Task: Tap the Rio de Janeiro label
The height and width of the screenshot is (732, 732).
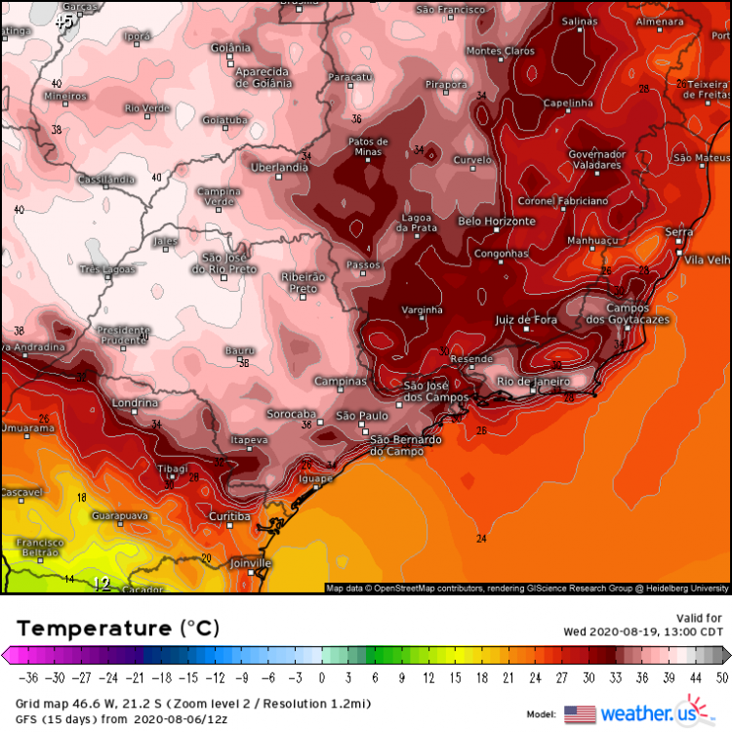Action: pyautogui.click(x=533, y=381)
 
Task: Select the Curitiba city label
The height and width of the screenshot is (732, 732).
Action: pyautogui.click(x=230, y=516)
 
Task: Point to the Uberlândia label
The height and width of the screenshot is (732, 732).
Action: pyautogui.click(x=279, y=168)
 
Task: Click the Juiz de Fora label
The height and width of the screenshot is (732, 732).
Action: pyautogui.click(x=526, y=320)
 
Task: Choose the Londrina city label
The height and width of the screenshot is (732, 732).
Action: pyautogui.click(x=135, y=403)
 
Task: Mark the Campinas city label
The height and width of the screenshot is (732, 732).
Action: pyautogui.click(x=341, y=382)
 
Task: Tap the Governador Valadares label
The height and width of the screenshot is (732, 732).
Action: pyautogui.click(x=596, y=160)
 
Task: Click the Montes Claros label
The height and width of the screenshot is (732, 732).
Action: pyautogui.click(x=501, y=51)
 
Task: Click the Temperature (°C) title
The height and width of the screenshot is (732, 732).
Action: pyautogui.click(x=117, y=627)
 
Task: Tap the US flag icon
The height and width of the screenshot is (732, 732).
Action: pyautogui.click(x=580, y=713)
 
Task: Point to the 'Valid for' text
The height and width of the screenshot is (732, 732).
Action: pyautogui.click(x=701, y=618)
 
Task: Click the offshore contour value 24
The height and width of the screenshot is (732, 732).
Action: pyautogui.click(x=481, y=539)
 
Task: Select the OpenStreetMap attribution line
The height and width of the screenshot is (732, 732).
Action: pyautogui.click(x=527, y=589)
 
